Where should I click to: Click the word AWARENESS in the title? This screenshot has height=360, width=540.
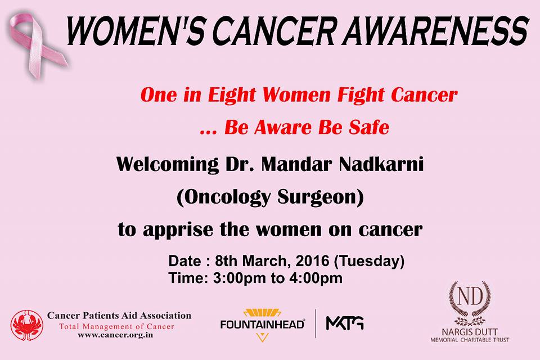pyautogui.click(x=435, y=30)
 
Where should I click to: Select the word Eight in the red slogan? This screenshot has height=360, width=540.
pyautogui.click(x=231, y=95)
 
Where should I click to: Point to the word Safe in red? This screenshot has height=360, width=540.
pyautogui.click(x=369, y=127)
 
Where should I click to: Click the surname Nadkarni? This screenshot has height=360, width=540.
pyautogui.click(x=381, y=164)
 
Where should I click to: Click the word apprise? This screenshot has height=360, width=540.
pyautogui.click(x=178, y=230)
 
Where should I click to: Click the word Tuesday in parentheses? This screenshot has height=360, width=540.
pyautogui.click(x=370, y=262)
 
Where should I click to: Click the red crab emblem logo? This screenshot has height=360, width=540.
pyautogui.click(x=26, y=326)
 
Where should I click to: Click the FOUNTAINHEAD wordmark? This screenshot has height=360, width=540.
pyautogui.click(x=263, y=325)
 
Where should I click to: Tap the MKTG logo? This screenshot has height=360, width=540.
pyautogui.click(x=345, y=323)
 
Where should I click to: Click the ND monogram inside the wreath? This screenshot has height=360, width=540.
pyautogui.click(x=470, y=296)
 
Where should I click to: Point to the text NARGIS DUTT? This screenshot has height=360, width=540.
pyautogui.click(x=470, y=332)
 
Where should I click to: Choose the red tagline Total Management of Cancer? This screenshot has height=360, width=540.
pyautogui.click(x=117, y=327)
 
